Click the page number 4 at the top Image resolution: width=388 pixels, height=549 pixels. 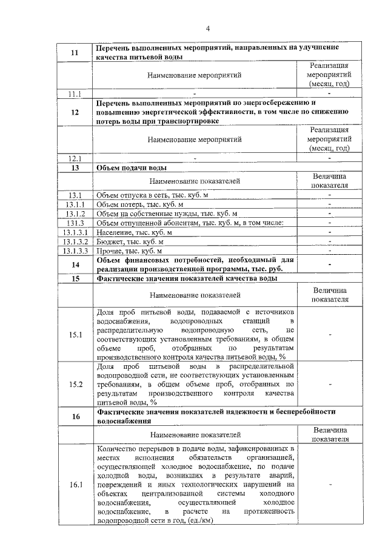click(207, 28)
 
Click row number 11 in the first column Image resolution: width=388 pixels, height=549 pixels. click(75, 52)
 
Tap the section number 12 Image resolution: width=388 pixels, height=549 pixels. click(75, 112)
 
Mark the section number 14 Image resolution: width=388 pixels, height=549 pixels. click(75, 264)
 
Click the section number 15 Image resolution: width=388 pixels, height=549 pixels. click(75, 278)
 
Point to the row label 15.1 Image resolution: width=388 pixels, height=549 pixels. click(75, 334)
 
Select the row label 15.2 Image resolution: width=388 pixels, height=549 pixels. click(75, 384)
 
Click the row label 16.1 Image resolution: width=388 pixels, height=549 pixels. click(75, 484)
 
